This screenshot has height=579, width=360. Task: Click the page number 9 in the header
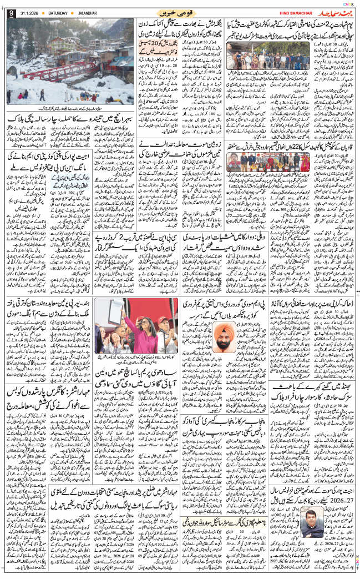11,13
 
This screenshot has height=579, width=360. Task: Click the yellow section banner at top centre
180,13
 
